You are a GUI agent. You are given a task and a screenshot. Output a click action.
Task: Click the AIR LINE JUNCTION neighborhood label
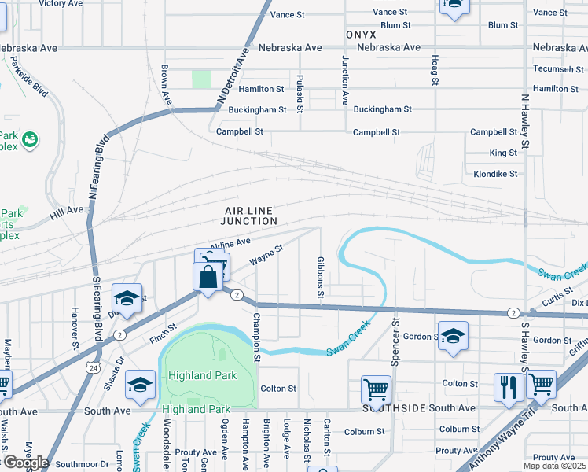click(251, 216)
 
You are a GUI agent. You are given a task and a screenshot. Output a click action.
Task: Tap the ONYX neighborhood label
click(360, 35)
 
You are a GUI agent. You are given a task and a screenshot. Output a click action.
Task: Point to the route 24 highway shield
click(94, 367)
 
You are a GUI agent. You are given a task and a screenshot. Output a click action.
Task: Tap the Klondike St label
click(496, 174)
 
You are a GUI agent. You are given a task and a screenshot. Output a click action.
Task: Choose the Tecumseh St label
click(555, 68)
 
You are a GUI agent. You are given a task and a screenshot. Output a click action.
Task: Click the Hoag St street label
click(434, 68)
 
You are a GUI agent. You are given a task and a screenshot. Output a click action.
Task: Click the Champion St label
click(256, 337)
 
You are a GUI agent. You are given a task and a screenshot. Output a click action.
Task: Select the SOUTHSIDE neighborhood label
click(388, 408)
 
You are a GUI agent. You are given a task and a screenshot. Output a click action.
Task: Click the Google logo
click(25, 462)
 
